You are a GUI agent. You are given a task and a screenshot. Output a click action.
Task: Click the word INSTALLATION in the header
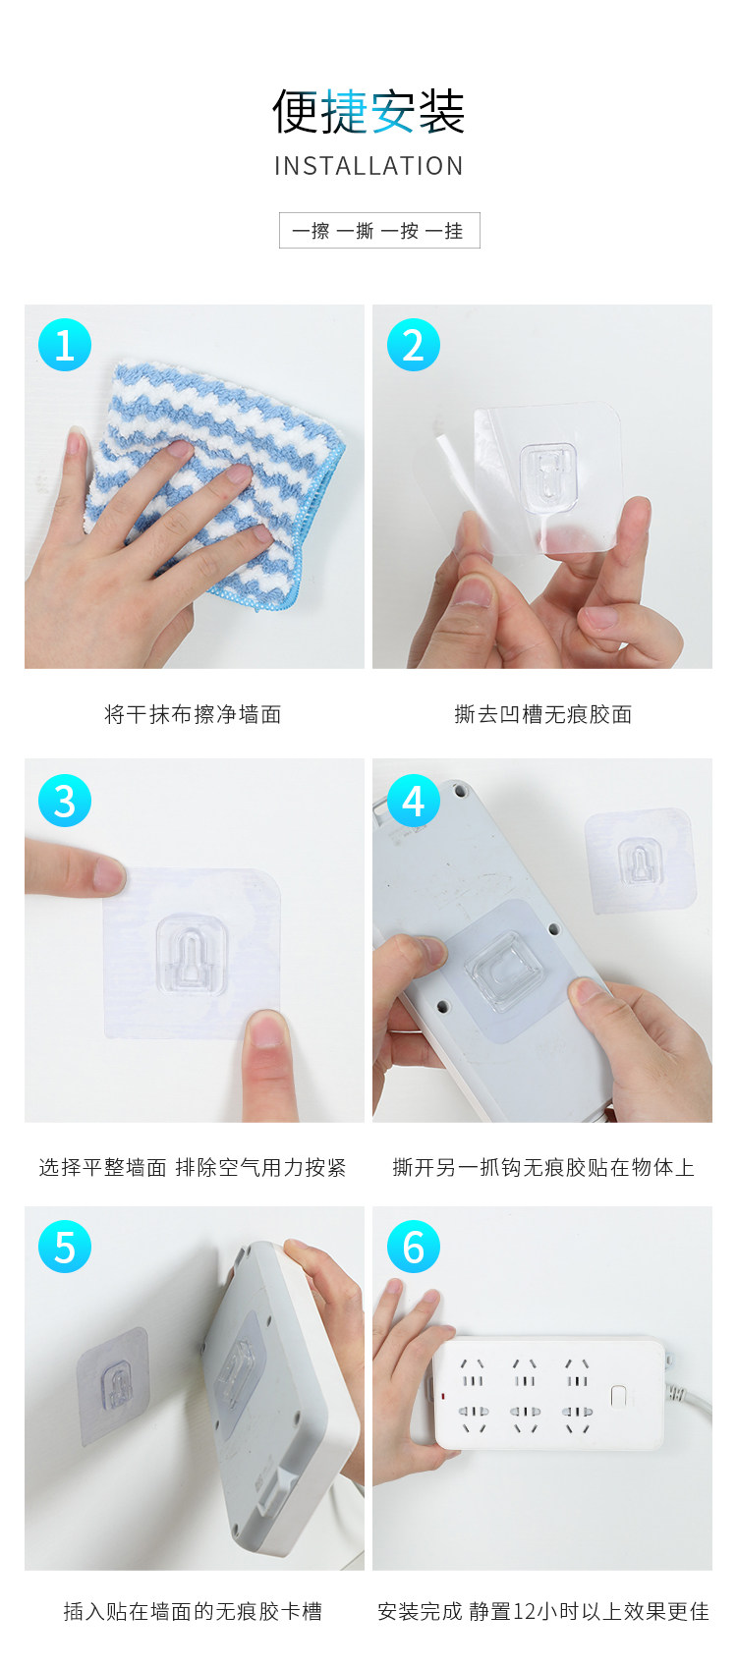coord(368,165)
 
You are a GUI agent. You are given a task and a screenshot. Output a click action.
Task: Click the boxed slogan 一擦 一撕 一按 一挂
coord(379,230)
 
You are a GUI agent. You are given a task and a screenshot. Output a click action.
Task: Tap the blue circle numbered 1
coord(65,345)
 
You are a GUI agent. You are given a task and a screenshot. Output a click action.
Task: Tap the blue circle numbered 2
coord(414,345)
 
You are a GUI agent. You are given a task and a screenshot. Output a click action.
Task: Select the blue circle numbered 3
coord(65,801)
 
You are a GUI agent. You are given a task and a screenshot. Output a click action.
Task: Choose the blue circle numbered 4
coord(414,801)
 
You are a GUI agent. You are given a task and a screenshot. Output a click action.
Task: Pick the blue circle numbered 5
coord(65,1247)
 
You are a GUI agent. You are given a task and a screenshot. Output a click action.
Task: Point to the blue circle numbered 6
coord(414,1247)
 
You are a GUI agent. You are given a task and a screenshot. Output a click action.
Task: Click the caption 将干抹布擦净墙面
coord(193,714)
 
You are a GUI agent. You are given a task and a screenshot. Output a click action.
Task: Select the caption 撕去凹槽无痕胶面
coord(543,714)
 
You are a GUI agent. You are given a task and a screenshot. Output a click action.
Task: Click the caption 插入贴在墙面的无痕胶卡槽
coord(193,1611)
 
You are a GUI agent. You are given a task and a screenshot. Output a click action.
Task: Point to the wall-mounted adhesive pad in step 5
coord(113,1386)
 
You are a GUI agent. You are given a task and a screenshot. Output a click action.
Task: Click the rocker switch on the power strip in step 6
coord(619,1396)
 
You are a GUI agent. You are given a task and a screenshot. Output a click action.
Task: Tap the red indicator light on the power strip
coord(444,1395)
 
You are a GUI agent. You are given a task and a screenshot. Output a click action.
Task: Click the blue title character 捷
coord(344,112)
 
